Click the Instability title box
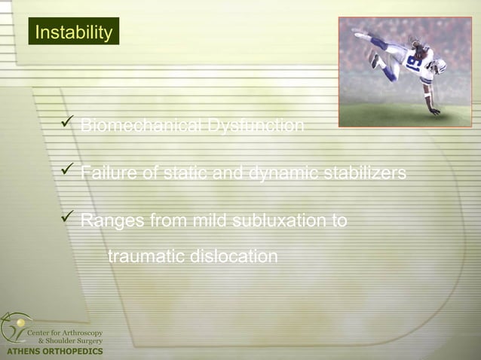(x=74, y=32)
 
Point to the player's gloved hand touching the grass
(x=435, y=111)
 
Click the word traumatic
(x=146, y=257)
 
